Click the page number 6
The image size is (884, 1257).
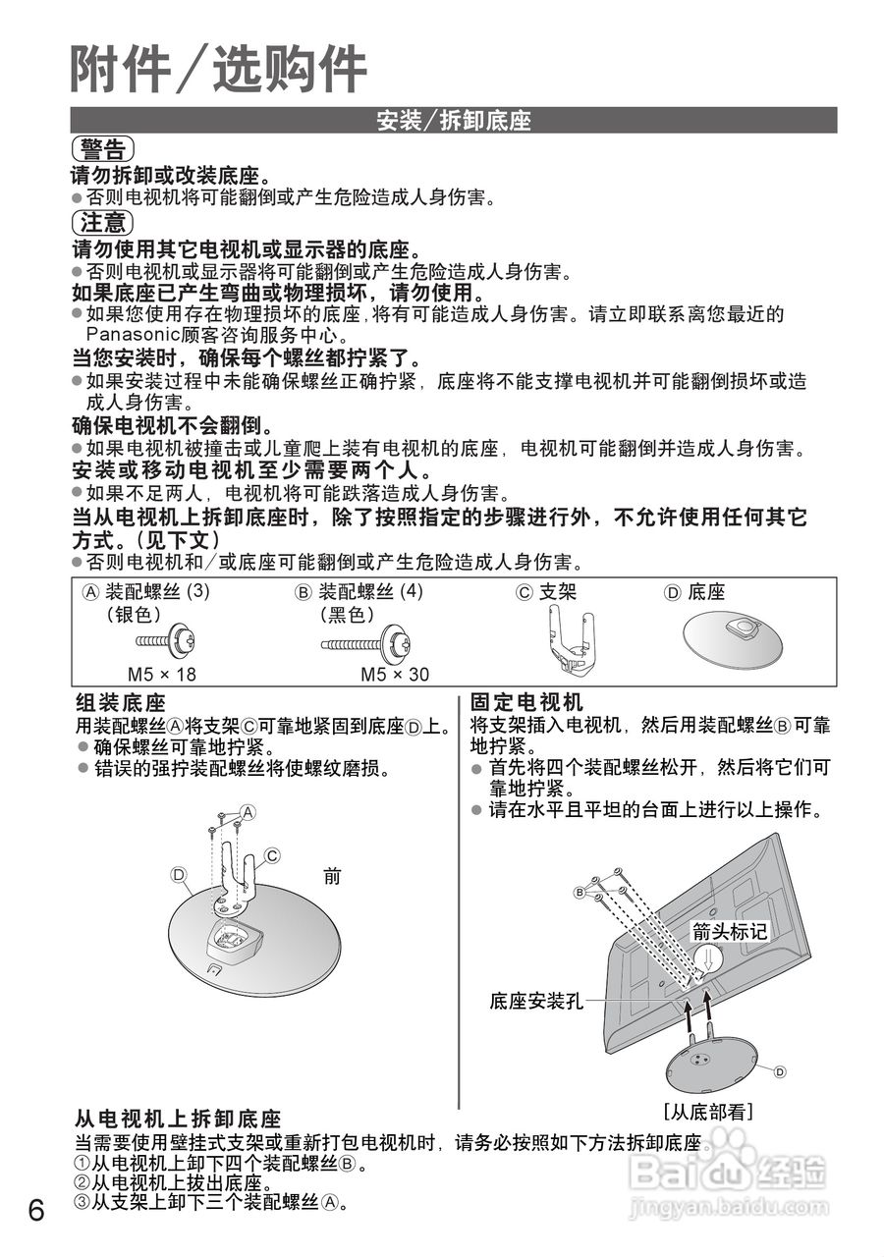36,1209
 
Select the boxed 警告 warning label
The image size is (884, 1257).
102,149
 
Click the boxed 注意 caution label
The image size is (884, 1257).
102,222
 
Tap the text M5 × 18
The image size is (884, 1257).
162,675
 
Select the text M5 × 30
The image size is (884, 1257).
395,675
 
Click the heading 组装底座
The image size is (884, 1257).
121,703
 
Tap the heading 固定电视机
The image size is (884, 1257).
526,703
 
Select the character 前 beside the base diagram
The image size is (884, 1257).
332,876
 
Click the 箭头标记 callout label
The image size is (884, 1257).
729,931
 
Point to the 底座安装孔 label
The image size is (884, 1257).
535,1002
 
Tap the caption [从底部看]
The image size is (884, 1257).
707,1112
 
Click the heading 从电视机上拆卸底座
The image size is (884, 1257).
178,1120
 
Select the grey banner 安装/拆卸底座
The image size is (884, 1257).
454,121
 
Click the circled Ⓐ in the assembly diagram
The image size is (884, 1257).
248,812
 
